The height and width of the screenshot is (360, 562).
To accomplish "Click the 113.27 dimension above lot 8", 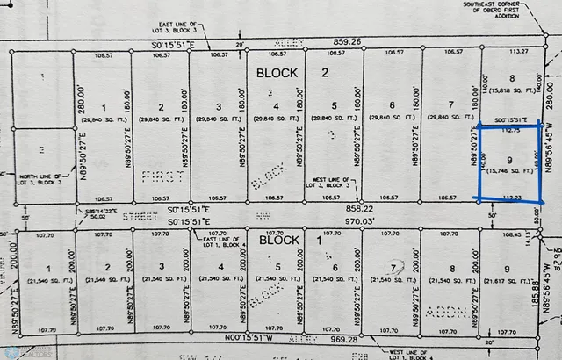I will (x=511, y=51).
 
